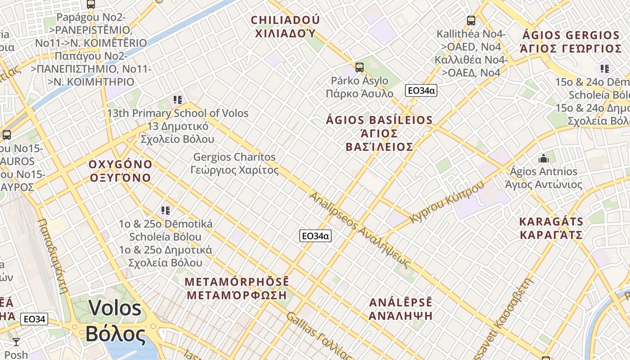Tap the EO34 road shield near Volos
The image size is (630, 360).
(x=34, y=319)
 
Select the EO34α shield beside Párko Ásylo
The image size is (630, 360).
(x=421, y=90)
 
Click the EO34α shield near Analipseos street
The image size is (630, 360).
(x=315, y=236)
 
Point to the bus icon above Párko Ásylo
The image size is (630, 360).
(x=359, y=67)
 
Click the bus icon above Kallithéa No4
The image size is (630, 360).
(x=471, y=20)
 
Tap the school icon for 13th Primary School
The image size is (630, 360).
(x=177, y=99)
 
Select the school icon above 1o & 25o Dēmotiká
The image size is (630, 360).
(x=165, y=210)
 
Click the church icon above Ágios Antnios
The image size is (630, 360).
(x=544, y=158)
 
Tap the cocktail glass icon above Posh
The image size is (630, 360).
(x=16, y=342)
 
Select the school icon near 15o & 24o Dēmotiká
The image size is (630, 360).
(x=604, y=68)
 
